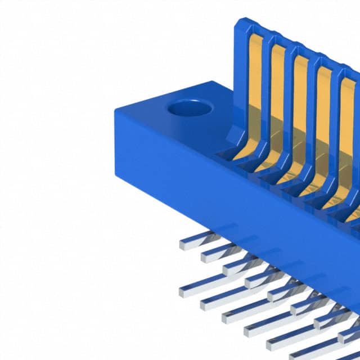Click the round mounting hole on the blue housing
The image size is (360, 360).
coord(190,107)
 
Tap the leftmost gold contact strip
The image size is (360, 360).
coord(255,84)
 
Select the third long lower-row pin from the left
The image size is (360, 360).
coord(226,318)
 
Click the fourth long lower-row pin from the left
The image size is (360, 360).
coord(248,331)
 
